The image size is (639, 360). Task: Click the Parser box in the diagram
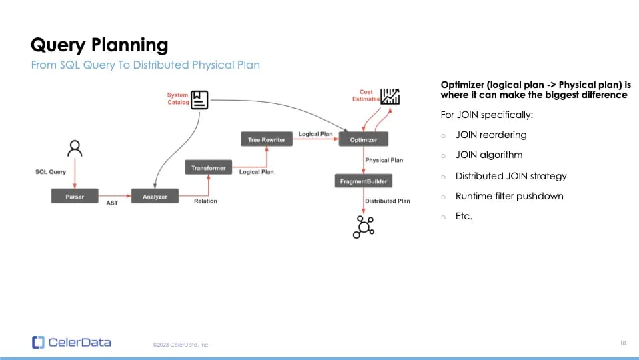click(75, 197)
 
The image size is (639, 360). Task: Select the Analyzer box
click(155, 197)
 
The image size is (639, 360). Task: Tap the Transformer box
click(208, 168)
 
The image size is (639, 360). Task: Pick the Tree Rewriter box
click(266, 139)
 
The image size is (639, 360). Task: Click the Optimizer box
click(363, 139)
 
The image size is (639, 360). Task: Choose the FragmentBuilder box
click(363, 181)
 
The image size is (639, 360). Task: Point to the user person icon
click(75, 148)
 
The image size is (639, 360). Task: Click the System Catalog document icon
click(199, 99)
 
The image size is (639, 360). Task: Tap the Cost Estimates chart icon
click(390, 97)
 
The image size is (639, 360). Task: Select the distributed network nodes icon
click(364, 227)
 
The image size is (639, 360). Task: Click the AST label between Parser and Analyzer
click(112, 203)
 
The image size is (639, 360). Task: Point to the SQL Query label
click(51, 172)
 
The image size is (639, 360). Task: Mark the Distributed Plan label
click(388, 201)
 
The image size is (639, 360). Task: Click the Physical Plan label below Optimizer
click(384, 160)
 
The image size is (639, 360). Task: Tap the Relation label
click(205, 201)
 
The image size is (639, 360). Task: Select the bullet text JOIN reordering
click(491, 135)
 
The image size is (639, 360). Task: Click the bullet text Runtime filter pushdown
click(509, 196)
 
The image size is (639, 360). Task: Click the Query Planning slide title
click(99, 45)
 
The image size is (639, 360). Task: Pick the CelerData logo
click(71, 343)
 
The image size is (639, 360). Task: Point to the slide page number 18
click(622, 343)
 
